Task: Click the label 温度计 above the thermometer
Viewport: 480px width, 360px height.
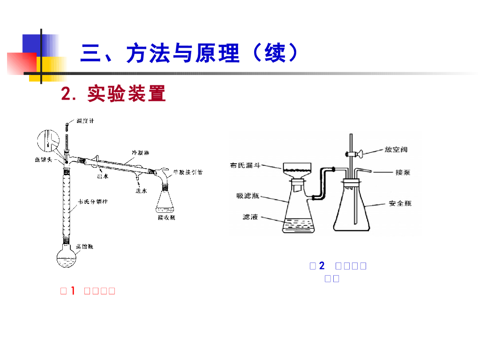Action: click(85, 121)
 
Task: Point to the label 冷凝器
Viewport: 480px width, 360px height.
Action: click(140, 153)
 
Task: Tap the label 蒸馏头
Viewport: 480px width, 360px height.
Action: click(44, 159)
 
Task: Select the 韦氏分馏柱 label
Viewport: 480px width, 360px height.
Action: click(90, 202)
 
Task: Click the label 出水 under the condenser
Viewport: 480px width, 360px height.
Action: click(103, 176)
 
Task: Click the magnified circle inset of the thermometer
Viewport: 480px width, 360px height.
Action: click(48, 140)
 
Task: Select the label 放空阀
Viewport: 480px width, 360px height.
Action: click(396, 150)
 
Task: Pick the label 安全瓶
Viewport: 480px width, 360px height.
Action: click(400, 203)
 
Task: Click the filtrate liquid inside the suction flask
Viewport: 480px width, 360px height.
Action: click(297, 225)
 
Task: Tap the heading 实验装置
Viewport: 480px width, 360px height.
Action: click(127, 94)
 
